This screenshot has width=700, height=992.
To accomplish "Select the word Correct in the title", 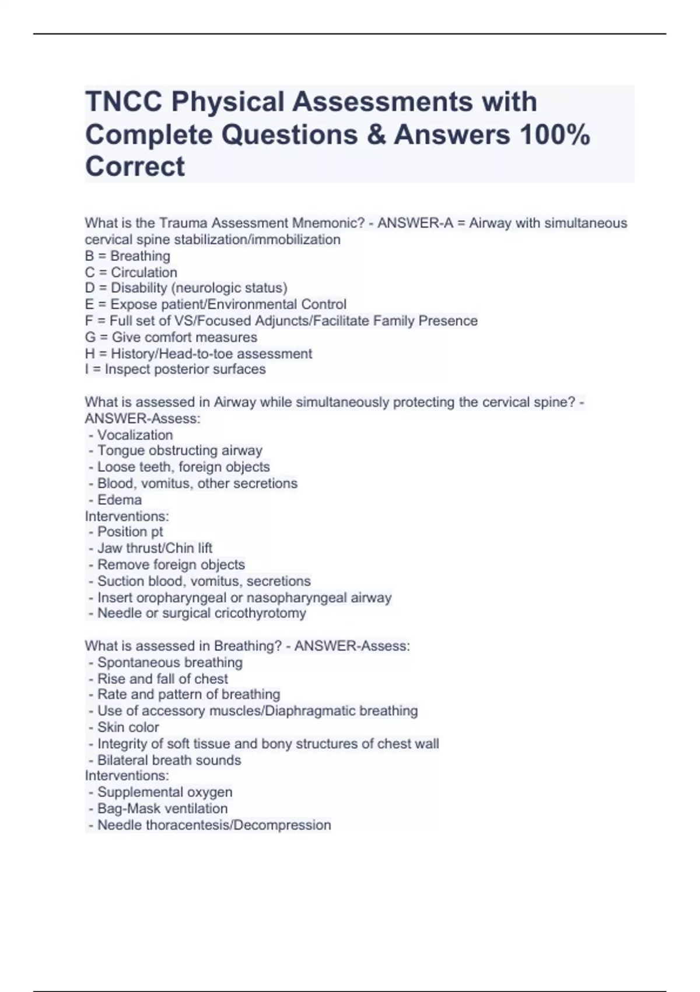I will pos(135,167).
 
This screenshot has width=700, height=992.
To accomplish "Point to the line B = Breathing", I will pos(127,256).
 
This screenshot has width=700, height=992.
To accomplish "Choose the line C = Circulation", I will pos(131,273).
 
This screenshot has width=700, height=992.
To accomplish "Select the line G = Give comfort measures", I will pos(170,337).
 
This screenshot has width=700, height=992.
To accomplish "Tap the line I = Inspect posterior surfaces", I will pos(175,369).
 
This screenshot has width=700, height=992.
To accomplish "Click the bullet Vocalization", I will pos(135,435).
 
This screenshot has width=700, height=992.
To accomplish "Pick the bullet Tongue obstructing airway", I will pos(180,450).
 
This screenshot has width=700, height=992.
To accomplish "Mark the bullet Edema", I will pos(119,500).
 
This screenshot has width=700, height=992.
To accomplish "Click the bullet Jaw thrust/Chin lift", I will pos(155,549).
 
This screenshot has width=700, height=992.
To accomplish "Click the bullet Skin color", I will pos(128,728).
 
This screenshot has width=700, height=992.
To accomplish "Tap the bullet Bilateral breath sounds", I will pos(169,760).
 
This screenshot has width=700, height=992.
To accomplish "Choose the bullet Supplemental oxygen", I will pos(164,792).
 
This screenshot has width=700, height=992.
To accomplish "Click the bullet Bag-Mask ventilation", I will pos(162,809).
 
